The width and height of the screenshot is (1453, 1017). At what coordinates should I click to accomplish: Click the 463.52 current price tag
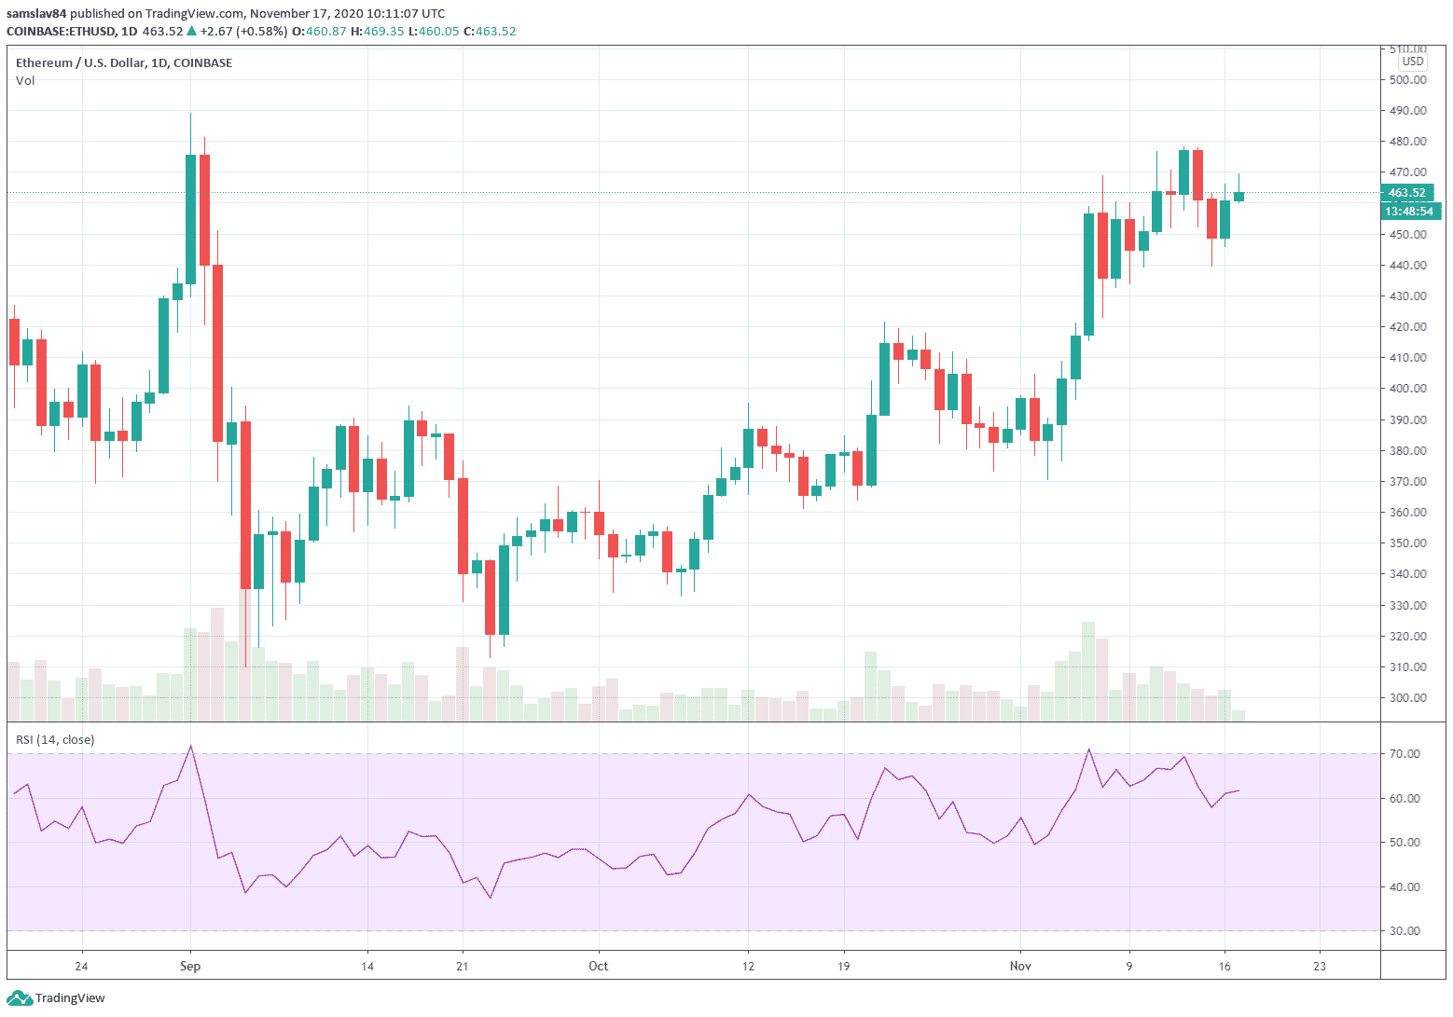[1407, 193]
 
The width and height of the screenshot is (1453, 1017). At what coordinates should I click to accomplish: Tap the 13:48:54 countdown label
[1408, 212]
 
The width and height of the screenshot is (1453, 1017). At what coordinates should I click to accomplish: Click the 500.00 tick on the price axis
[1407, 80]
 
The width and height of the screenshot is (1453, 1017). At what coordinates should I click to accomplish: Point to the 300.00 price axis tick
[1407, 698]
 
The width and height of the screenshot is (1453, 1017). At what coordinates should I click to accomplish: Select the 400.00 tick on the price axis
[1407, 389]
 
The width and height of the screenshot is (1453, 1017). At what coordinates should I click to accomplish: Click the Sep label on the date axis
[190, 966]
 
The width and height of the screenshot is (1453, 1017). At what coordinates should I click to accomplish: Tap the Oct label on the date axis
[598, 966]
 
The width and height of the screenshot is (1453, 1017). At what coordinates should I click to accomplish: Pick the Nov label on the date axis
[1020, 966]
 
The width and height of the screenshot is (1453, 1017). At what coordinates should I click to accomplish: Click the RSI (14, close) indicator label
[55, 740]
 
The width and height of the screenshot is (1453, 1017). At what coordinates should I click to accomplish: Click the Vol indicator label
[25, 81]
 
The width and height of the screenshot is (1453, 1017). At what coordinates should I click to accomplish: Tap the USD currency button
[1413, 62]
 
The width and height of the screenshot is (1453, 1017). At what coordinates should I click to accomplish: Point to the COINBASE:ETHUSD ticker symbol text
[62, 32]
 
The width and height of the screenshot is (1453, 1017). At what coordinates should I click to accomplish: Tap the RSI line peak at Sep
[190, 747]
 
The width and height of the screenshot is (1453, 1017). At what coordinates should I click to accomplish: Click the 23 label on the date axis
[1320, 966]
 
